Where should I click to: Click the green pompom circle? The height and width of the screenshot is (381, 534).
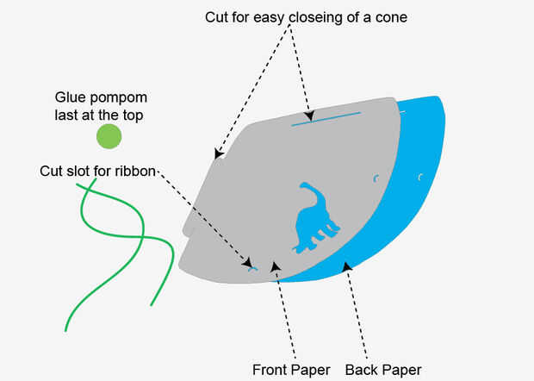click(x=109, y=136)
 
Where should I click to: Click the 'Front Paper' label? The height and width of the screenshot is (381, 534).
click(x=291, y=371)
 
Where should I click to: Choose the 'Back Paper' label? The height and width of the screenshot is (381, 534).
click(x=383, y=371)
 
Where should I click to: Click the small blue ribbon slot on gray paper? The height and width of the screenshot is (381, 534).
click(x=252, y=269)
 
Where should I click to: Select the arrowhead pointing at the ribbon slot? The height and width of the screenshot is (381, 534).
click(x=247, y=262)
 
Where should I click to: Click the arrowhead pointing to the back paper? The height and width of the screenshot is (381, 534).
click(x=347, y=268)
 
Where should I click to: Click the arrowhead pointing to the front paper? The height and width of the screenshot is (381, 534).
click(x=276, y=267)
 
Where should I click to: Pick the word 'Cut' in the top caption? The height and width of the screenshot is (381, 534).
click(x=217, y=17)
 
